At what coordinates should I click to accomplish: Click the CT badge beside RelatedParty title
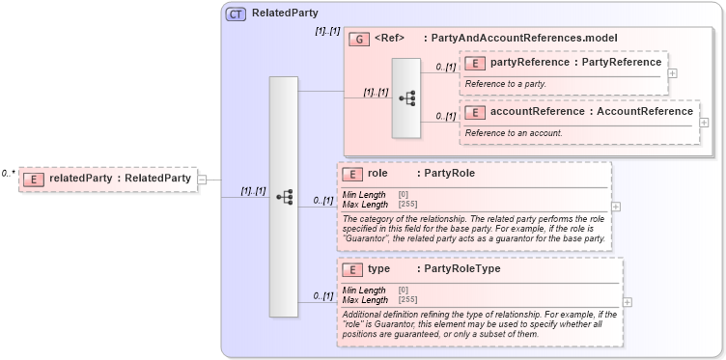236,14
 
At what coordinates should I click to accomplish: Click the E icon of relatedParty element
34,179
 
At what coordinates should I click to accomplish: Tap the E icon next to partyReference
475,63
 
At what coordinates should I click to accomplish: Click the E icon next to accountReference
475,112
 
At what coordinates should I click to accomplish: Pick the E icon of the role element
352,174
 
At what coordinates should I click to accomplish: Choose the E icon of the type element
352,269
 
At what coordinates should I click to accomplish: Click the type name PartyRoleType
461,269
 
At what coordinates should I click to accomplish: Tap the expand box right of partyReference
673,72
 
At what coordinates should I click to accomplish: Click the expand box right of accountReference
704,123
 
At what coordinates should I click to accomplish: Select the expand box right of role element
616,206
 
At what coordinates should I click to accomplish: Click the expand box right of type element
628,301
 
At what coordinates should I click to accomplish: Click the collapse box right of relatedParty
202,179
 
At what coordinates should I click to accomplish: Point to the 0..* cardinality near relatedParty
8,174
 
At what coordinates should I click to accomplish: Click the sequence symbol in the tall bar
284,197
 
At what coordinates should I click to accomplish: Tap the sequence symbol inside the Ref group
406,98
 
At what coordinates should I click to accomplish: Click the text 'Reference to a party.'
506,84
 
